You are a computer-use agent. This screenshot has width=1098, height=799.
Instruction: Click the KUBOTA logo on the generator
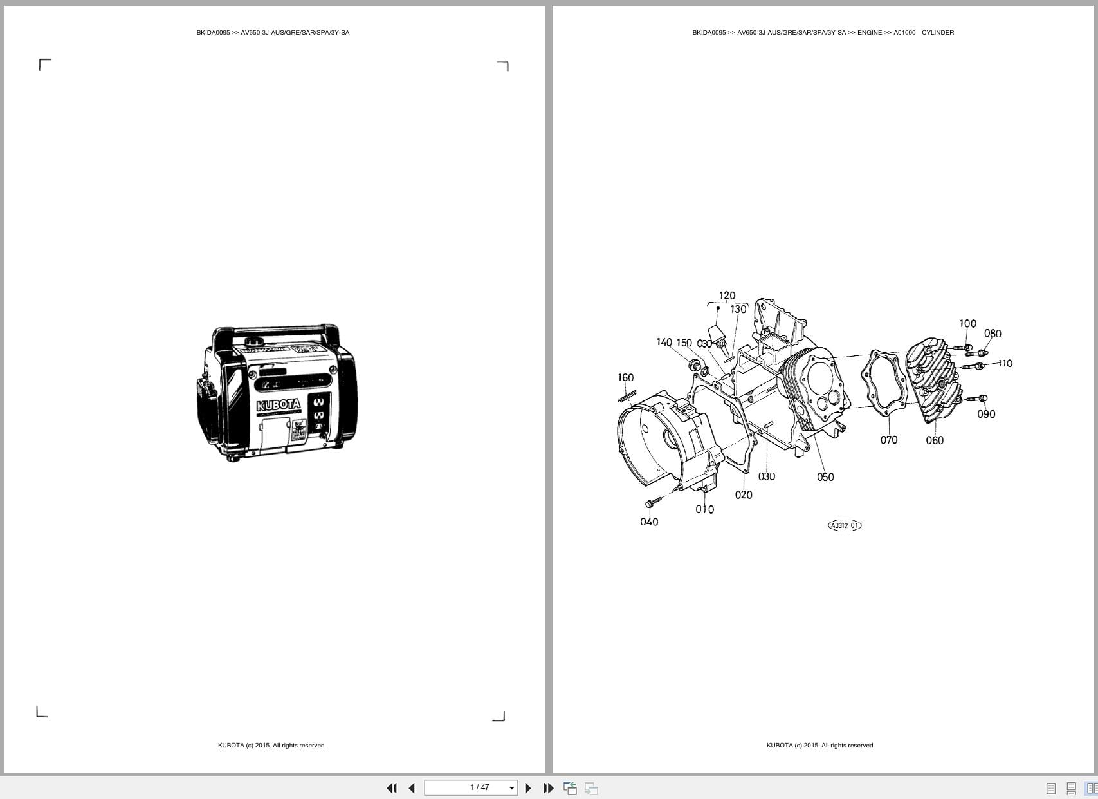pos(278,405)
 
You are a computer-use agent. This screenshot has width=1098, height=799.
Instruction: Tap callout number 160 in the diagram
pos(625,378)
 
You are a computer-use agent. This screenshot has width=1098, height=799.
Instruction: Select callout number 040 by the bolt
pos(649,522)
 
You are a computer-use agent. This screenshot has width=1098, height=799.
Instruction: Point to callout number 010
pos(704,509)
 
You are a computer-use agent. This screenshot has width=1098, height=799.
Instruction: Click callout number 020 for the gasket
pos(744,495)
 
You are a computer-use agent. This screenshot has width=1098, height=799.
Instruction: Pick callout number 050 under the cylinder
pos(825,477)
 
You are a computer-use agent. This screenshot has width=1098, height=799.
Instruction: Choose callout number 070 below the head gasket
pos(889,440)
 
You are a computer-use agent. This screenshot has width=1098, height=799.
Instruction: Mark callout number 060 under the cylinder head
pos(935,440)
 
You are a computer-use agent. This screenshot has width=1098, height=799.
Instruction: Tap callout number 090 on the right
pos(986,415)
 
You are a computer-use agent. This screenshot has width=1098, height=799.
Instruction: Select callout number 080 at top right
pos(993,334)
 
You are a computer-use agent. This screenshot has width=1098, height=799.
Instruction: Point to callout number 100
pos(967,324)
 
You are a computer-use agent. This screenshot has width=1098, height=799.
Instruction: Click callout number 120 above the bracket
pos(727,296)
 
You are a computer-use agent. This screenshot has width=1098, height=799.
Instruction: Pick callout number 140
pos(664,343)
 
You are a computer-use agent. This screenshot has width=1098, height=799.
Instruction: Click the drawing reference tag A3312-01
pos(844,525)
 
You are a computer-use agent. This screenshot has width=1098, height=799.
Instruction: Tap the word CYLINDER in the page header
pos(937,33)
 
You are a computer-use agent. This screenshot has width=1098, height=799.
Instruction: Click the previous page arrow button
pos(412,788)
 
